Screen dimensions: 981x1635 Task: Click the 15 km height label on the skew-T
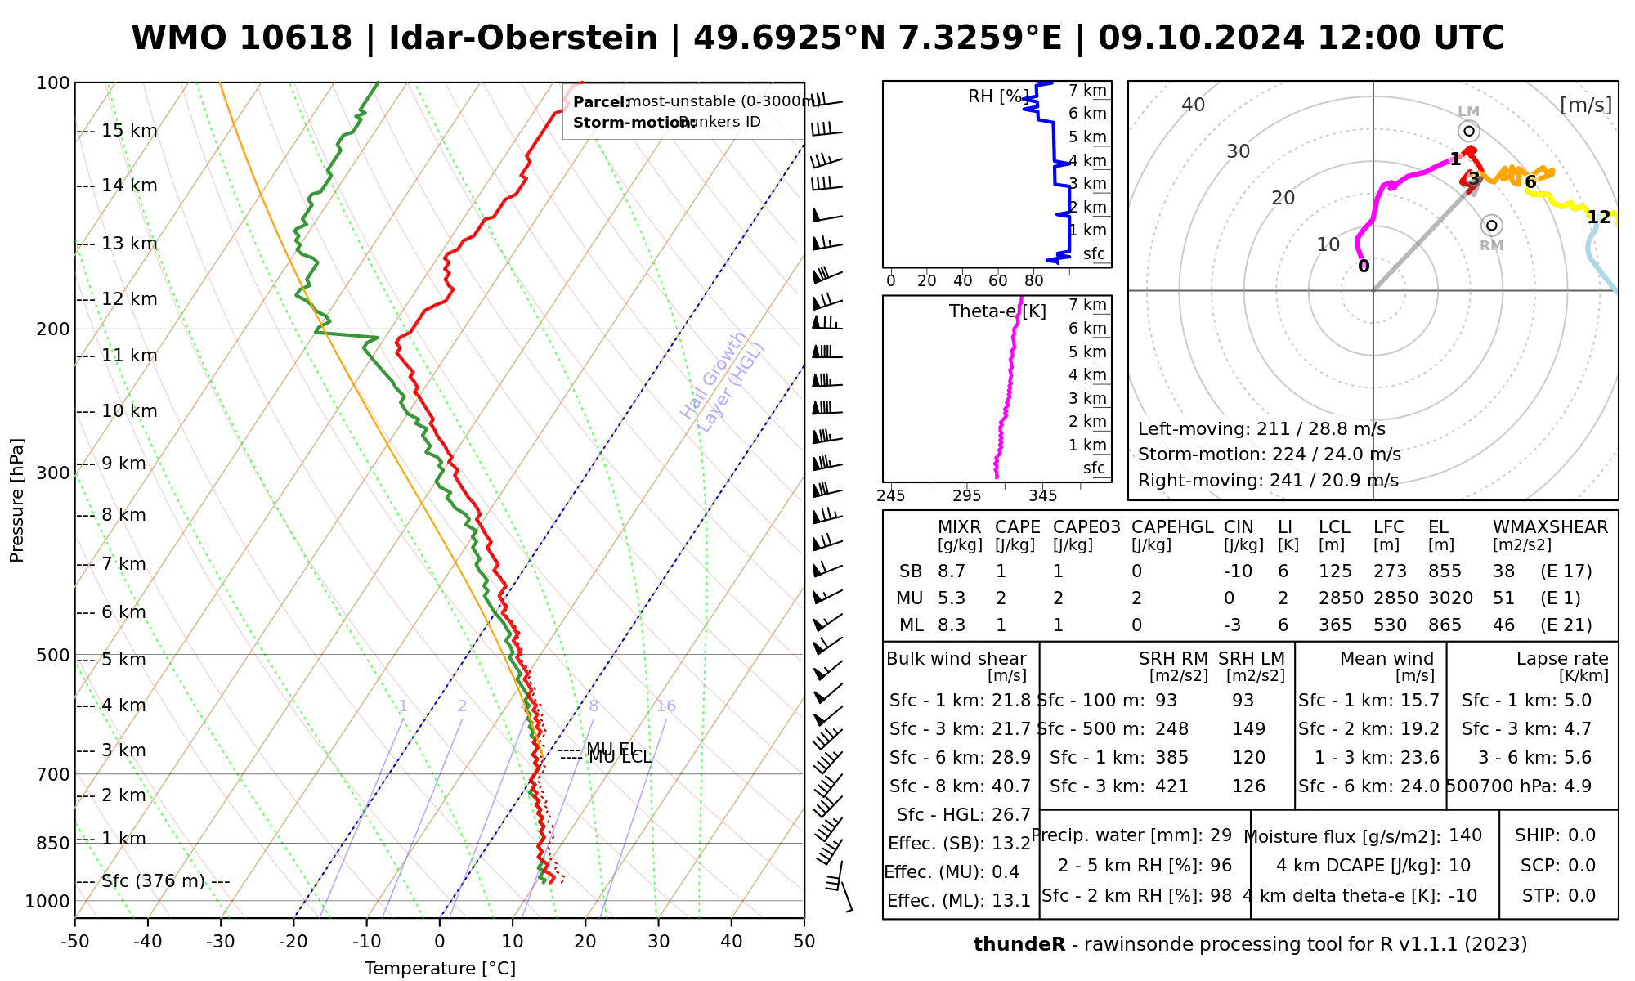click(129, 131)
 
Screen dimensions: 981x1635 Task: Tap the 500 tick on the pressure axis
click(53, 656)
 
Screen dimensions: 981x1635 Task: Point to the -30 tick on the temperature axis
click(221, 942)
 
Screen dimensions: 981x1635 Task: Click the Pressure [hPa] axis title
click(17, 500)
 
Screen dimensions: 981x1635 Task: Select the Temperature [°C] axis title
click(440, 969)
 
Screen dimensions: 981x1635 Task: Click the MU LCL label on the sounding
click(620, 758)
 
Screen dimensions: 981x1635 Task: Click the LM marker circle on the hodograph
click(1469, 131)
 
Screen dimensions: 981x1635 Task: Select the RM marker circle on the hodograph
click(1492, 225)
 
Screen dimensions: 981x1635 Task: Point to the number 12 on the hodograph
click(1598, 217)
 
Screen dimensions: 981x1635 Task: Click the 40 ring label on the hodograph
click(1194, 105)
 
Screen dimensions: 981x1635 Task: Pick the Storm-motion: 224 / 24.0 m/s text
click(1269, 455)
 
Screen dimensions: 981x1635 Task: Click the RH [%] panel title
click(994, 96)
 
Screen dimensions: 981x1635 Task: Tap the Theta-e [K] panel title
click(997, 311)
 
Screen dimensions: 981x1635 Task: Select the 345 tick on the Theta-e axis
click(1042, 496)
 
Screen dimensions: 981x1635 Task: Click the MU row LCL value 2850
click(1341, 598)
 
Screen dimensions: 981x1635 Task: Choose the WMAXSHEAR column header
click(1550, 527)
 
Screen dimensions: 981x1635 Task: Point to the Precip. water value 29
click(1221, 835)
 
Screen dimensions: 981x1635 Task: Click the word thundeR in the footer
click(1019, 945)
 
